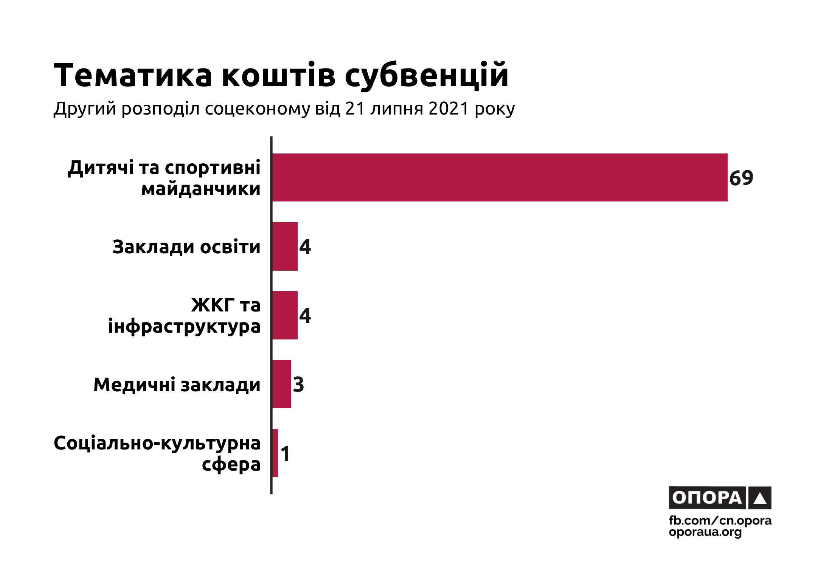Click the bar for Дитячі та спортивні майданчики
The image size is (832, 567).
499,177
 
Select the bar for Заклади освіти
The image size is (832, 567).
285,246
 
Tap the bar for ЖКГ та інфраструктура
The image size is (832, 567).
285,315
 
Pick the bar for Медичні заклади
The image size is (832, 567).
282,384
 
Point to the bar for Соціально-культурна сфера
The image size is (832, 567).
275,453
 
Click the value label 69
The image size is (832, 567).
741,178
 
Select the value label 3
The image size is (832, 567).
298,385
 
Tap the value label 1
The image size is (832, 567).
286,454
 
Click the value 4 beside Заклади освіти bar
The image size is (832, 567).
305,247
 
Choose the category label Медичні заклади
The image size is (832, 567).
177,385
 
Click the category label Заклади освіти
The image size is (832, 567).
186,247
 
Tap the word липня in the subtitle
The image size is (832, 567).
397,109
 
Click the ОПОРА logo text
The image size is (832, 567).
707,498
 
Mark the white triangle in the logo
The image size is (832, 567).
760,499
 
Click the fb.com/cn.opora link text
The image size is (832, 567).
720,521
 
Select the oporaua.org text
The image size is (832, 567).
705,532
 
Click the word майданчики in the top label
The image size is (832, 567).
201,189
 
